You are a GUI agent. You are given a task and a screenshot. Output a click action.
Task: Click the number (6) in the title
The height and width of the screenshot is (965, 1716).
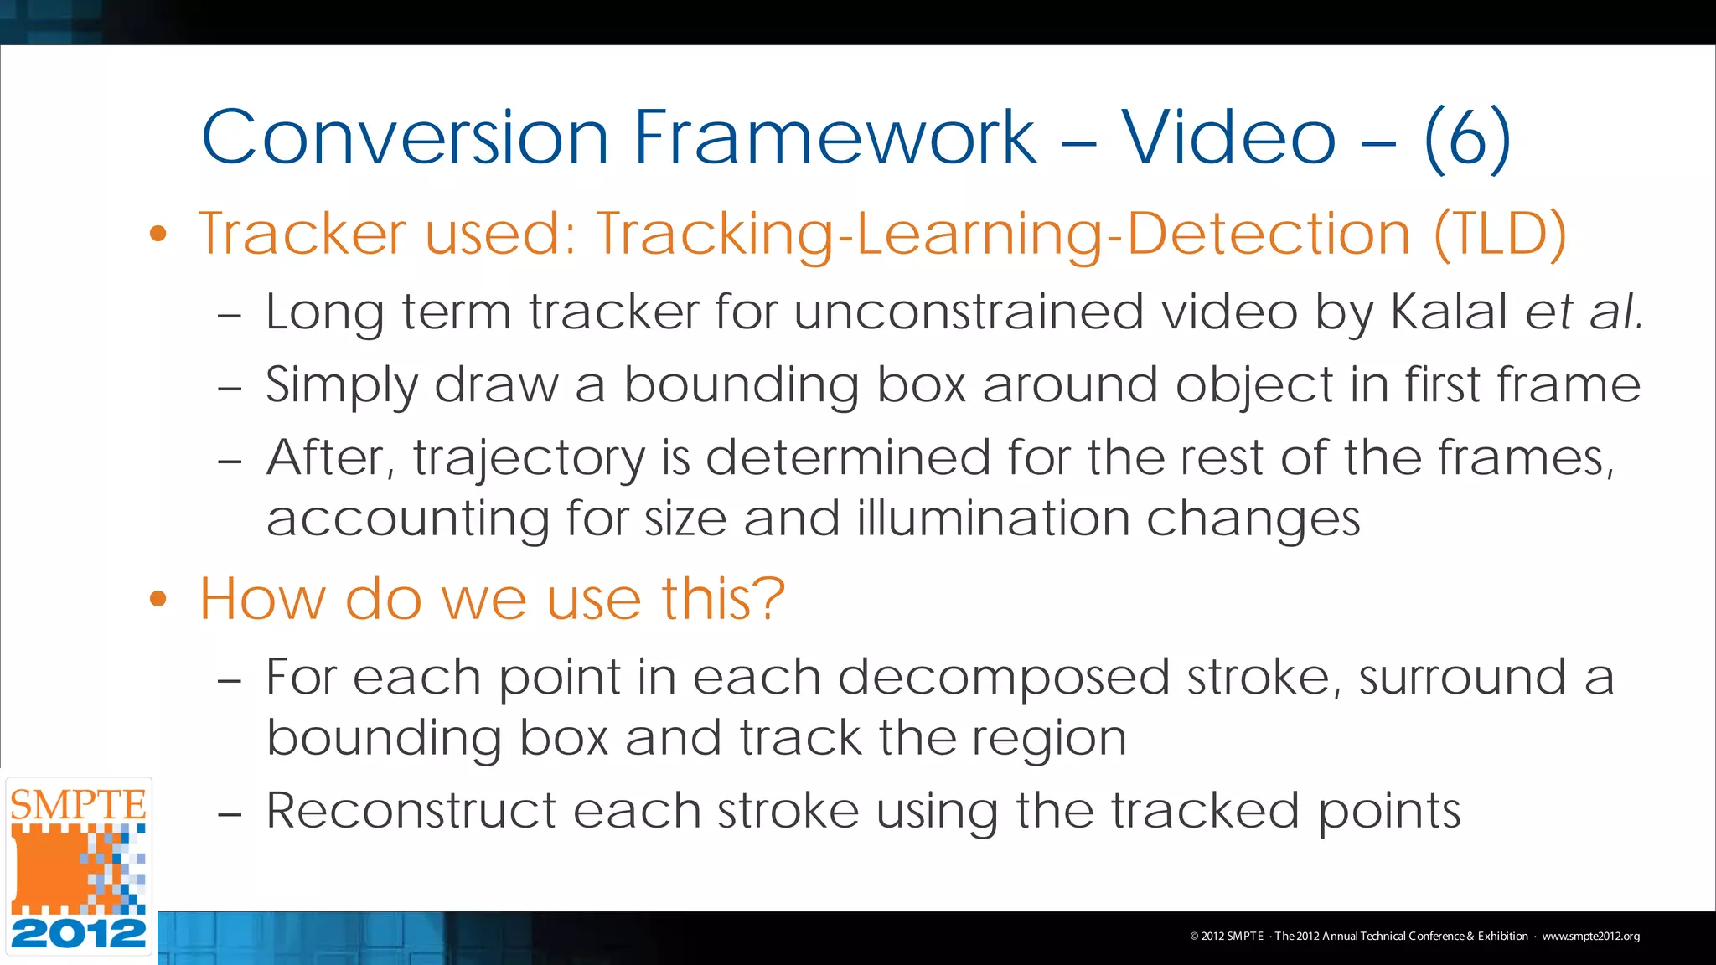coord(1467,138)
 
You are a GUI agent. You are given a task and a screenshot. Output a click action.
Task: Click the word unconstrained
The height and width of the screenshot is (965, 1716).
coord(968,312)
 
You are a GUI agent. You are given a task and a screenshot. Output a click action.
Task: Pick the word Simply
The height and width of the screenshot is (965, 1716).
coord(341,387)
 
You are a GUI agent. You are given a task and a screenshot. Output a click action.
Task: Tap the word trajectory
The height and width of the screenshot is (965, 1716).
coord(529,460)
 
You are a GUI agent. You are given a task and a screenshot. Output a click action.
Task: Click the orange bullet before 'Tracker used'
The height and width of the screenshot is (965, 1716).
coord(158,234)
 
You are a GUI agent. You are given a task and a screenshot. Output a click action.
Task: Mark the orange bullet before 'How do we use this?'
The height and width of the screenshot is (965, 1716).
coord(158,599)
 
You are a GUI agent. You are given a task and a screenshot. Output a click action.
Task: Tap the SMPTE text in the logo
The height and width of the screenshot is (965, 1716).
coord(78,805)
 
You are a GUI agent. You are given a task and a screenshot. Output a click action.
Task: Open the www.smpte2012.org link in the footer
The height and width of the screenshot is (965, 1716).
coord(1590,937)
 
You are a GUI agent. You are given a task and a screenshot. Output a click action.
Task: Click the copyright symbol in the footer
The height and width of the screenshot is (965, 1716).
coord(1194,937)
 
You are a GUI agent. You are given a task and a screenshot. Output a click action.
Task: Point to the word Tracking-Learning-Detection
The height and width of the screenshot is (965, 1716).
coord(1003,235)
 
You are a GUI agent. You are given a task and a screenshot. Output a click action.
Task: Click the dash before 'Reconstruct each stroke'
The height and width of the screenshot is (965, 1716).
coord(229,813)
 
